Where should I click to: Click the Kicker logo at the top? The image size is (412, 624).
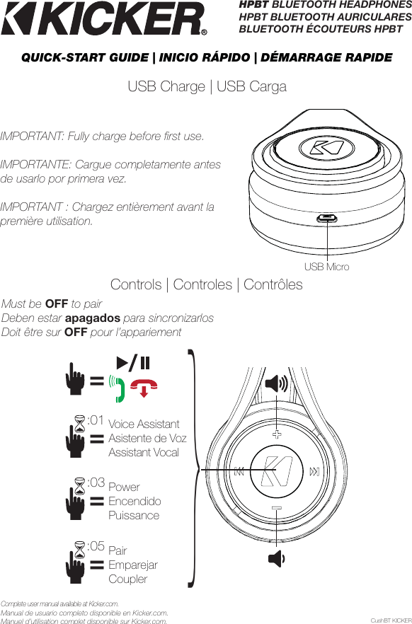point(105,19)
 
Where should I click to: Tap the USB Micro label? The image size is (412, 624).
point(326,267)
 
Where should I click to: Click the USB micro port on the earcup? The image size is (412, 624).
point(326,219)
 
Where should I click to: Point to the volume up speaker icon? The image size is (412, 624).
point(276,384)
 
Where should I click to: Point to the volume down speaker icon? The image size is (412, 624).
point(276,559)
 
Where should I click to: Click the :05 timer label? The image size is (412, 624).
point(96,546)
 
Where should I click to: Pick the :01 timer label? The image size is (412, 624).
point(96,420)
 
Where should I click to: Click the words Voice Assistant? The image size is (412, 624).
point(144,424)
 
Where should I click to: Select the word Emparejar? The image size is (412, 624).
point(133,565)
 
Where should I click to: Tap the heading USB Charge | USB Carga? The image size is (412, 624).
point(207,87)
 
